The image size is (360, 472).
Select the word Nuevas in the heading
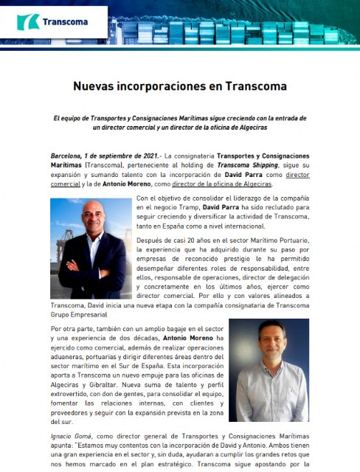click(95, 86)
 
